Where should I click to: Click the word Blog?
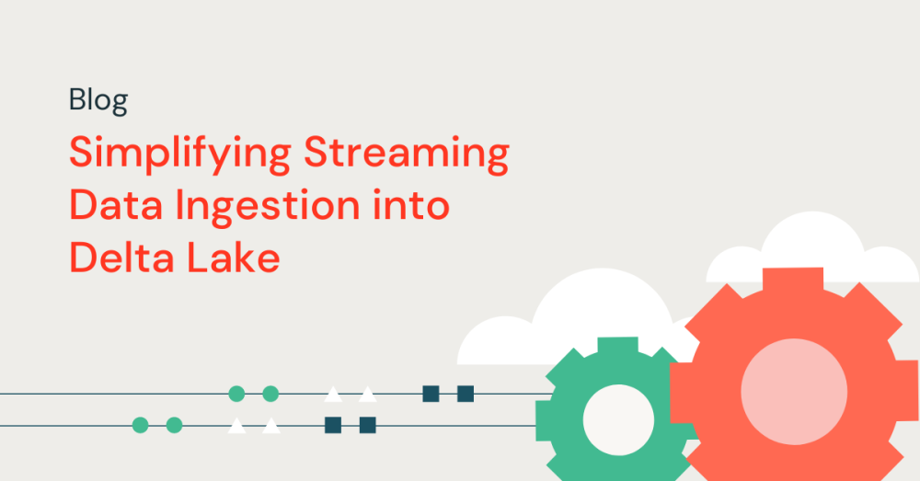pyautogui.click(x=98, y=101)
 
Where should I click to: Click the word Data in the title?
pyautogui.click(x=116, y=205)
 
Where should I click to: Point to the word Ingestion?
pyautogui.click(x=268, y=208)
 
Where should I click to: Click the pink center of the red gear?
pyautogui.click(x=794, y=391)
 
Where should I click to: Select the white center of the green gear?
pyautogui.click(x=618, y=420)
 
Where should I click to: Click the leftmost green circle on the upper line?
pyautogui.click(x=236, y=394)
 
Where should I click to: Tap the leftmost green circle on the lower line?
pyautogui.click(x=140, y=425)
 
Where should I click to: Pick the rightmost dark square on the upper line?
pyautogui.click(x=466, y=394)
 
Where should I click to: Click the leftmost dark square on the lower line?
pyautogui.click(x=333, y=425)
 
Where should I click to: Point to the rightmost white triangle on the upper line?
pyautogui.click(x=368, y=395)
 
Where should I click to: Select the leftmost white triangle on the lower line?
pyautogui.click(x=236, y=427)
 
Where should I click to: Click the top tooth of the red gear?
pyautogui.click(x=793, y=281)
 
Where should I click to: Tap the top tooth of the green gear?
pyautogui.click(x=618, y=346)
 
